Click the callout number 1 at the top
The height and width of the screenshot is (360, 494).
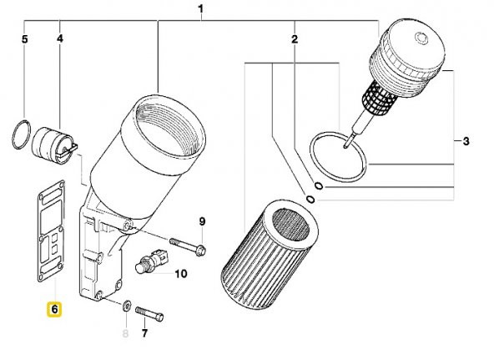(x=200, y=9)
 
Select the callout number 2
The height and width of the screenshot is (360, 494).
(x=295, y=39)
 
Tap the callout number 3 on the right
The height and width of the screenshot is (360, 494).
(x=466, y=141)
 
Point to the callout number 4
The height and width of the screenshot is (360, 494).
(x=60, y=38)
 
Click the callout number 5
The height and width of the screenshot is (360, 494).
(x=24, y=39)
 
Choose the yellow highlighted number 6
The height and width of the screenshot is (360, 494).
(x=54, y=309)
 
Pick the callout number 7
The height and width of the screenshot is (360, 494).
(x=144, y=333)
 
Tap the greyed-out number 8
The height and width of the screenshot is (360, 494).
(x=125, y=333)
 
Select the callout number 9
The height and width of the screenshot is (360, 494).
(x=202, y=221)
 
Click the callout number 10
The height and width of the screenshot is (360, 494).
(x=181, y=274)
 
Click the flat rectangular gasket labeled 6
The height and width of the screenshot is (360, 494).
(x=52, y=231)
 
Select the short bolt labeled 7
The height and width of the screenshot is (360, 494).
(x=149, y=314)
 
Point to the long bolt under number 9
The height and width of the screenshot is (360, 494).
(x=188, y=246)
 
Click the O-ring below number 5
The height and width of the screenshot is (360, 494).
(x=22, y=134)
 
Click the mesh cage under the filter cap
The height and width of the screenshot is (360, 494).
(x=379, y=97)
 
